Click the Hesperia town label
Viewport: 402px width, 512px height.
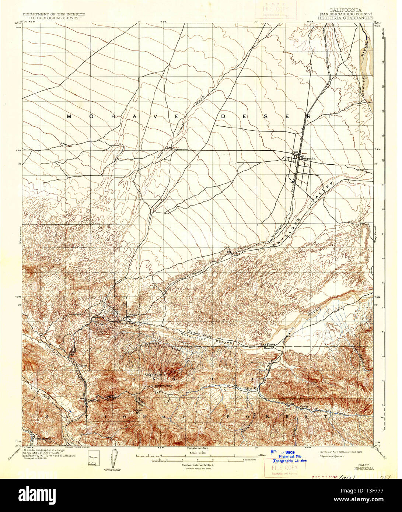click(x=308, y=158)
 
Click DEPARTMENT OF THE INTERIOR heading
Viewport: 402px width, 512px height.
click(x=54, y=14)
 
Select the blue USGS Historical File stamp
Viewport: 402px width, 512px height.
click(x=290, y=456)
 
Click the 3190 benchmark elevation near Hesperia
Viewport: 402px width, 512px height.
click(x=304, y=153)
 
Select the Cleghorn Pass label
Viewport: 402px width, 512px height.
click(x=162, y=386)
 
